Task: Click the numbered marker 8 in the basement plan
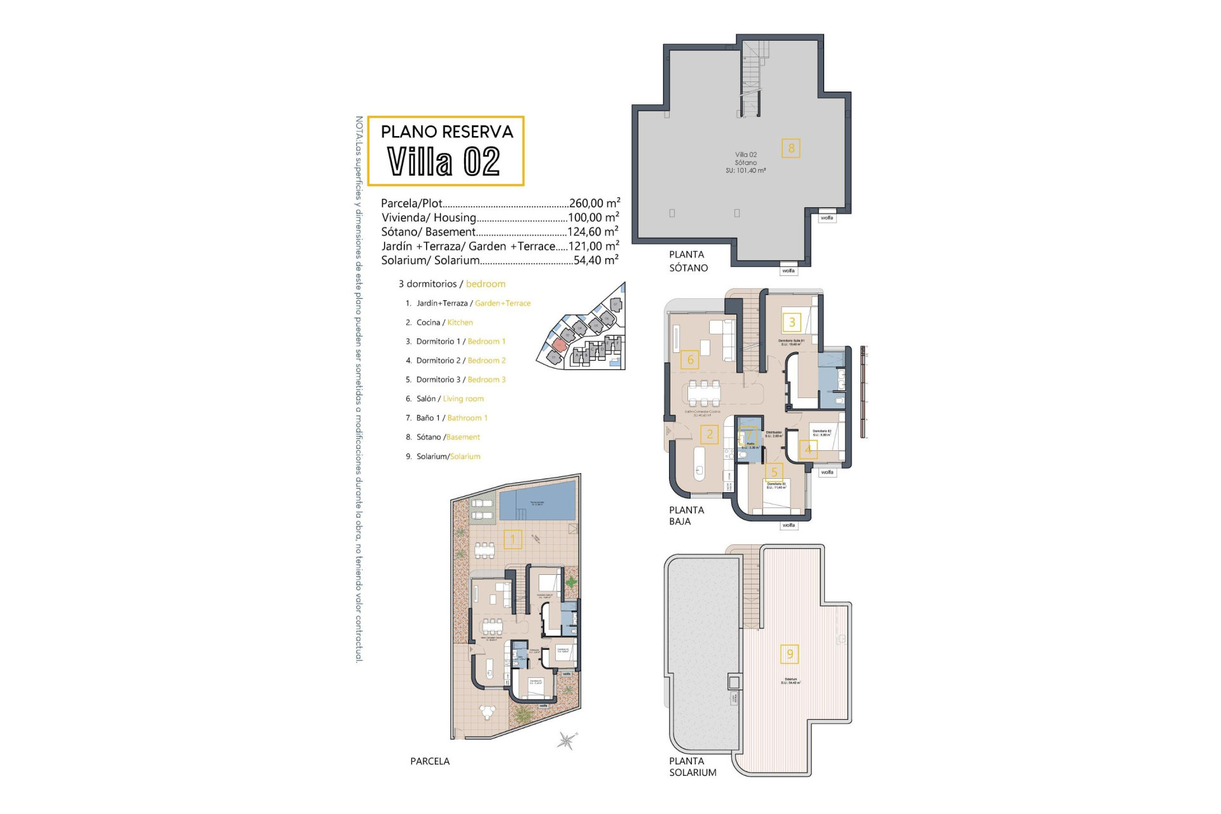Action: [791, 148]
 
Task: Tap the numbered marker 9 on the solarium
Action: [790, 654]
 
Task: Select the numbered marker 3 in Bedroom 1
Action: [792, 322]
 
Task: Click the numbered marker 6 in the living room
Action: [690, 360]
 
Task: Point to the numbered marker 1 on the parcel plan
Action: [513, 539]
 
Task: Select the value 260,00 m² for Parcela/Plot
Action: [594, 203]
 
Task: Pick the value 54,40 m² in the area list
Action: [596, 260]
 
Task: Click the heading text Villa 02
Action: [444, 162]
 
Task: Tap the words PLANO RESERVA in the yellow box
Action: [446, 132]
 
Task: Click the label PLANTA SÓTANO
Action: [688, 261]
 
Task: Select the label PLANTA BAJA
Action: [686, 516]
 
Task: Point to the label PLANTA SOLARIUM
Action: [693, 767]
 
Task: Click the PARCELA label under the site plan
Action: [430, 761]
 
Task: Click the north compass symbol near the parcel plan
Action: [567, 740]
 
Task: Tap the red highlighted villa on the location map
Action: [558, 345]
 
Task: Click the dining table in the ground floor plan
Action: [703, 392]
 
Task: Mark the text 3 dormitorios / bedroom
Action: [452, 284]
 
